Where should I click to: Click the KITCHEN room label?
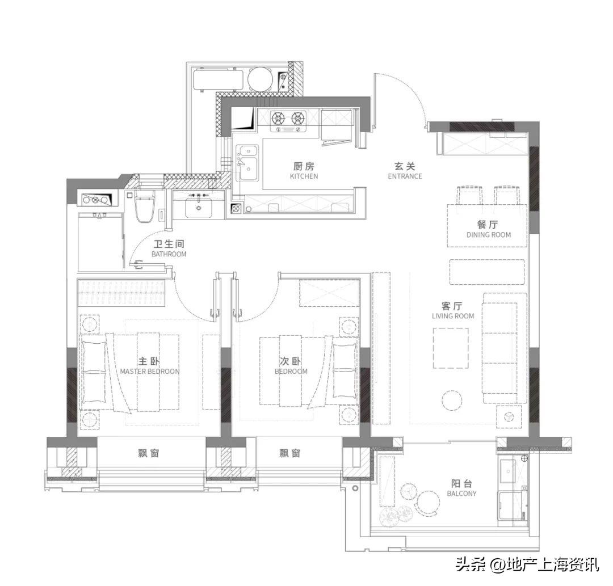[x=304, y=176]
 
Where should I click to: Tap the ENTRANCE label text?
[x=405, y=176]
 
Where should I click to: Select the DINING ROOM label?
[x=488, y=235]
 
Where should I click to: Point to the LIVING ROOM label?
[x=453, y=315]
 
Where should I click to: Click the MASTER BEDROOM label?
[x=150, y=371]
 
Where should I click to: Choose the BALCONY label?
[x=461, y=494]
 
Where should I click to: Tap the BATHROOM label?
[x=169, y=254]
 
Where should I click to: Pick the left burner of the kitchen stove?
[x=278, y=117]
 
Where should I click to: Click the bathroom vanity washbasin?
[x=199, y=207]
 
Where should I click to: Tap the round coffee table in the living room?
[x=452, y=399]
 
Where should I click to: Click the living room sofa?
[x=505, y=348]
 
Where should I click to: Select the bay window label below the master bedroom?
[x=149, y=453]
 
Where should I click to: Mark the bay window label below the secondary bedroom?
[x=289, y=453]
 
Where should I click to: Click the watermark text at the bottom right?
[x=527, y=564]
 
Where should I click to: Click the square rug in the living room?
[x=451, y=348]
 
